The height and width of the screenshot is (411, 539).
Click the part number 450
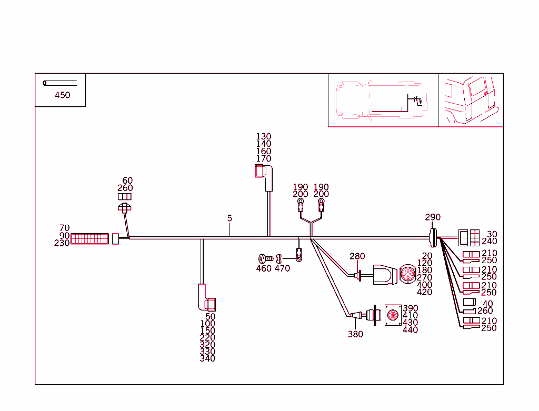62,95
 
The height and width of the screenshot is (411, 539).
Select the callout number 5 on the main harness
229,218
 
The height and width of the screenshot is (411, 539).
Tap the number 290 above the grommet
433,217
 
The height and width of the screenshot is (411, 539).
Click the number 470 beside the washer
282,268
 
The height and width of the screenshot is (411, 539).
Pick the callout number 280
357,256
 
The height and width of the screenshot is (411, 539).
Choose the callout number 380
355,334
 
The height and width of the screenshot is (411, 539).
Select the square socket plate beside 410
393,315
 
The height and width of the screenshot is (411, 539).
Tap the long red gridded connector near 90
89,239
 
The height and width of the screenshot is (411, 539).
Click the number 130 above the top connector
264,137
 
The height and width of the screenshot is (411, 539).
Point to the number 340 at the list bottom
207,358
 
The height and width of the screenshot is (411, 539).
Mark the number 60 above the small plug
127,181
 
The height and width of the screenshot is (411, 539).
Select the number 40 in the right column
488,304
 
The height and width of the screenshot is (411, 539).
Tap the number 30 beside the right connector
492,234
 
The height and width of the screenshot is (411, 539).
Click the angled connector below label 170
264,176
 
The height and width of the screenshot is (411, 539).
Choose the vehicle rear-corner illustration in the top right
471,100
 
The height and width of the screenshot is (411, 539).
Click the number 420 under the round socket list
424,292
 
